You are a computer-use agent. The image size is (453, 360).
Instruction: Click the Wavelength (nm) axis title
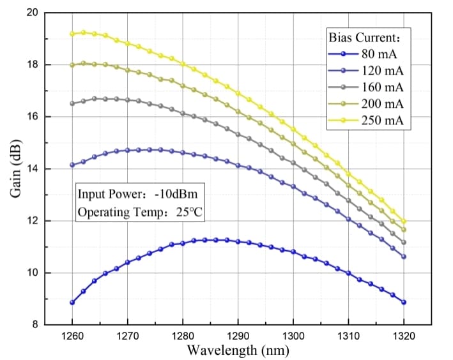pos(238,349)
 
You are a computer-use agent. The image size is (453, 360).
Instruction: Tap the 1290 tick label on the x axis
pos(238,334)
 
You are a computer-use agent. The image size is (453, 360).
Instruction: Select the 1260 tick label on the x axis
pos(72,334)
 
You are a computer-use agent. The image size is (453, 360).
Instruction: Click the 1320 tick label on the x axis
pos(403,334)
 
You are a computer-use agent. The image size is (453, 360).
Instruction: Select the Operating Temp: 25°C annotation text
pos(140,212)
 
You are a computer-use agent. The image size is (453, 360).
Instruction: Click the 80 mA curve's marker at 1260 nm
pos(72,303)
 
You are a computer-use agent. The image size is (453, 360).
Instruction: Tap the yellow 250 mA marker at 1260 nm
pos(72,34)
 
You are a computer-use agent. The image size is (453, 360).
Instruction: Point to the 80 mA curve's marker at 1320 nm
pos(403,302)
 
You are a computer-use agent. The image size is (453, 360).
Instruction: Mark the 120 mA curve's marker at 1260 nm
pos(72,165)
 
